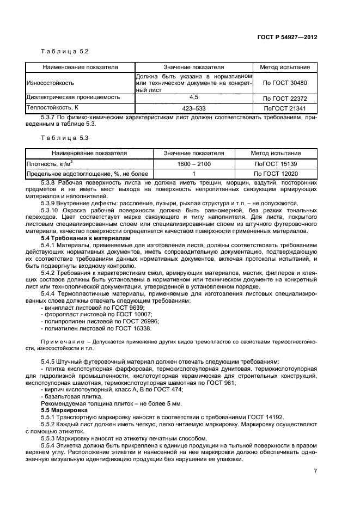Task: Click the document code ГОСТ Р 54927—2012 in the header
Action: click(x=287, y=36)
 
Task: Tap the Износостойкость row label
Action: click(x=50, y=83)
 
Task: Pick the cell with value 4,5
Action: click(x=193, y=98)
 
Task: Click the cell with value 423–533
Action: click(x=193, y=107)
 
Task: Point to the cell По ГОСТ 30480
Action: click(x=285, y=83)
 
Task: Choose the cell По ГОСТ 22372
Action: click(x=285, y=99)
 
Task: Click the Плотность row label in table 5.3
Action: click(x=50, y=163)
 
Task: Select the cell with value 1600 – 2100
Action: click(x=194, y=163)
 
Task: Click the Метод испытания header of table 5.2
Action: click(x=285, y=68)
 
